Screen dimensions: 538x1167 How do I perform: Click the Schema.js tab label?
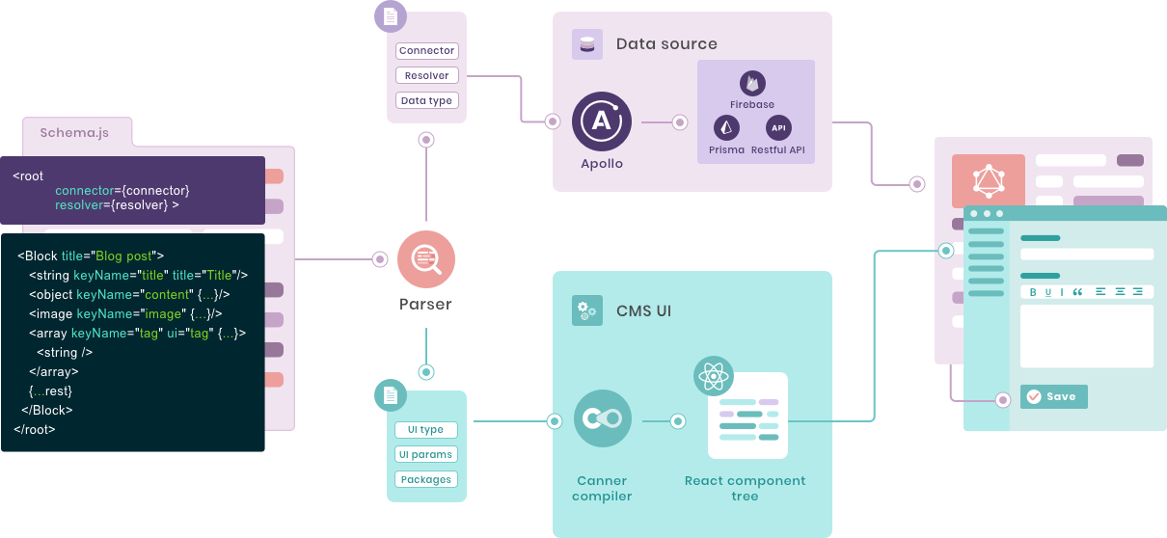click(x=74, y=133)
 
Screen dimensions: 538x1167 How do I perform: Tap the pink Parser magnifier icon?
click(x=425, y=259)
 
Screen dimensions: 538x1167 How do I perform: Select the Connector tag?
click(x=426, y=51)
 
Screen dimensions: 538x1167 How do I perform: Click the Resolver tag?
click(x=426, y=75)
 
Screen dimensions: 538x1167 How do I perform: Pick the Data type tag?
click(x=426, y=100)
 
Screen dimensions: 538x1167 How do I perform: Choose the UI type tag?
click(x=425, y=430)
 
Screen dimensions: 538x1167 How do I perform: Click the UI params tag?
click(x=425, y=454)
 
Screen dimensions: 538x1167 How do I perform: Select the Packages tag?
click(x=425, y=479)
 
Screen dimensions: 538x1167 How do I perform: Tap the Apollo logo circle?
click(x=601, y=122)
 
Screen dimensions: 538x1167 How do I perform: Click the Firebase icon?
click(x=752, y=84)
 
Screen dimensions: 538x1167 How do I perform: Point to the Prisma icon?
click(x=726, y=127)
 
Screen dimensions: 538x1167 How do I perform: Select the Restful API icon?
click(x=778, y=127)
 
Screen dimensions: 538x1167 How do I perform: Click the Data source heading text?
click(x=666, y=44)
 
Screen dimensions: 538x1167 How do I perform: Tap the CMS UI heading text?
click(x=643, y=310)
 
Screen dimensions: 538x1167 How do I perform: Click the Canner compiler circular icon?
click(x=602, y=419)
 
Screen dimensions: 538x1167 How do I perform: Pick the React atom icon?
click(x=714, y=375)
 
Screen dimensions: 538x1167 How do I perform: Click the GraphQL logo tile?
click(x=988, y=181)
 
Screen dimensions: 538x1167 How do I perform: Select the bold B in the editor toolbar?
click(x=1033, y=292)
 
